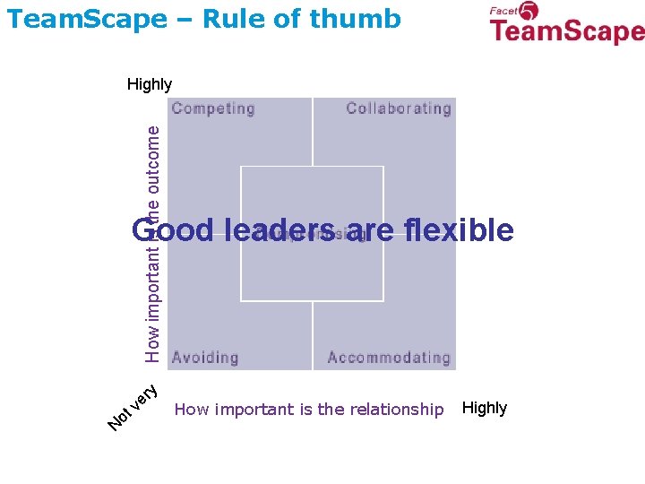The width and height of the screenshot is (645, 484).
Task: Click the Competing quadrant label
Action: click(213, 109)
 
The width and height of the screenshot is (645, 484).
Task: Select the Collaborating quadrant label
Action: click(399, 109)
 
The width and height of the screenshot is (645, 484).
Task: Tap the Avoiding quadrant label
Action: click(205, 358)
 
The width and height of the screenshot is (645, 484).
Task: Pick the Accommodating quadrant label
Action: click(389, 358)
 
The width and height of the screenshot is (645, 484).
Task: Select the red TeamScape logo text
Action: click(567, 32)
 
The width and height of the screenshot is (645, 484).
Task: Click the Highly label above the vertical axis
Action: click(150, 84)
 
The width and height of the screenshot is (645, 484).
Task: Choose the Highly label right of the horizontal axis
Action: click(485, 408)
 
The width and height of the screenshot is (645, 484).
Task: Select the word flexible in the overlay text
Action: click(459, 230)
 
